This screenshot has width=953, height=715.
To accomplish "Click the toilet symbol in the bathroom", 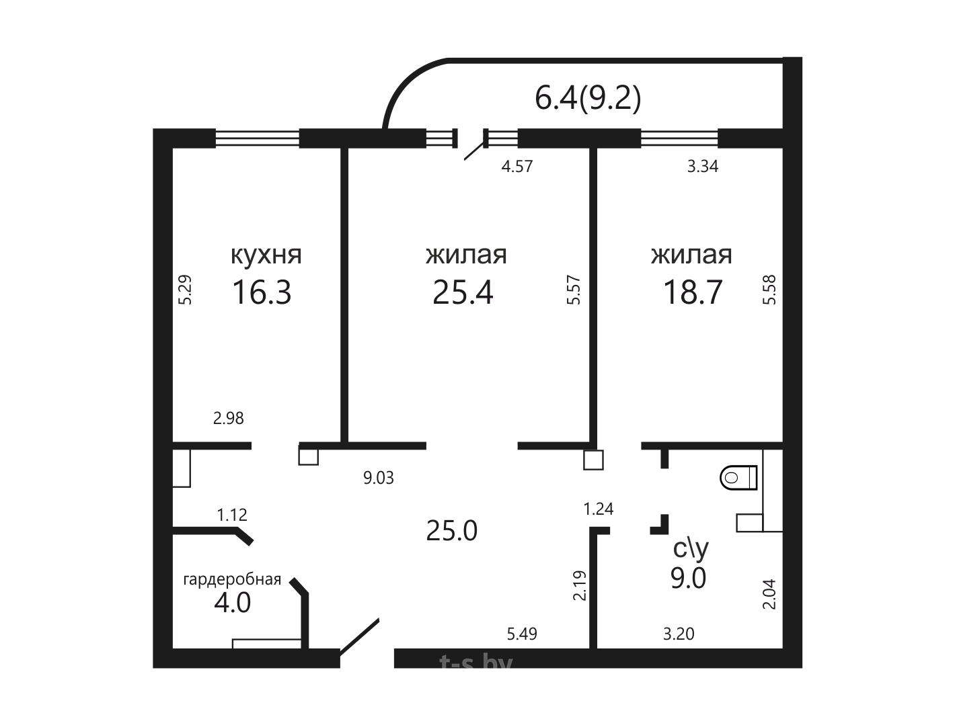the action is coord(738,478).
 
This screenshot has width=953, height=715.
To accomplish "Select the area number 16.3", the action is coord(262,292).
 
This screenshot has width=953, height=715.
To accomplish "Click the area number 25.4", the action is coord(463,292).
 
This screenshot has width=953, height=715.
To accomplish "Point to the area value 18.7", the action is coord(693,292).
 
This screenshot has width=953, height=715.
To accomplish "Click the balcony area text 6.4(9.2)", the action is coord(588,98).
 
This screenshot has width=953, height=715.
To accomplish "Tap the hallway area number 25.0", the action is coord(451,531).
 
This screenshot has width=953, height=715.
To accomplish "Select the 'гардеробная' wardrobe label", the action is coord(232,580).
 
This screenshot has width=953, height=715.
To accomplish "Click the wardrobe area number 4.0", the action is coord(232,603).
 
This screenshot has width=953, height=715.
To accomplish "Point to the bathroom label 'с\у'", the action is coord(691,549).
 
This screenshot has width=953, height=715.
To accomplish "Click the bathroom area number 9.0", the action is coord(688,578).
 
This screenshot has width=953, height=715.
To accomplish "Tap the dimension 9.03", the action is coord(378,478).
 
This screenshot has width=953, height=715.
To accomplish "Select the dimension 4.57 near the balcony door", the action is coord(517,166).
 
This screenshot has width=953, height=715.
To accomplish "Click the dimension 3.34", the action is coord(703,166).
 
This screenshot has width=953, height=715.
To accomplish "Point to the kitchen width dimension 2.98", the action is coord(229,419).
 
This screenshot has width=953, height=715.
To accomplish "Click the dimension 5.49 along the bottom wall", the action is coord(522,634).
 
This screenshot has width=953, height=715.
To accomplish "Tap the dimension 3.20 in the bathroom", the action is coord(679,634).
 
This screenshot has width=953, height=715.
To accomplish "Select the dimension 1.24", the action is coord(599,509).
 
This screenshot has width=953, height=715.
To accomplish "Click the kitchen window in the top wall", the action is coord(258,138).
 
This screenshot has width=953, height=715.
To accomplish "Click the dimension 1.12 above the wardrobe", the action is coord(232,515).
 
